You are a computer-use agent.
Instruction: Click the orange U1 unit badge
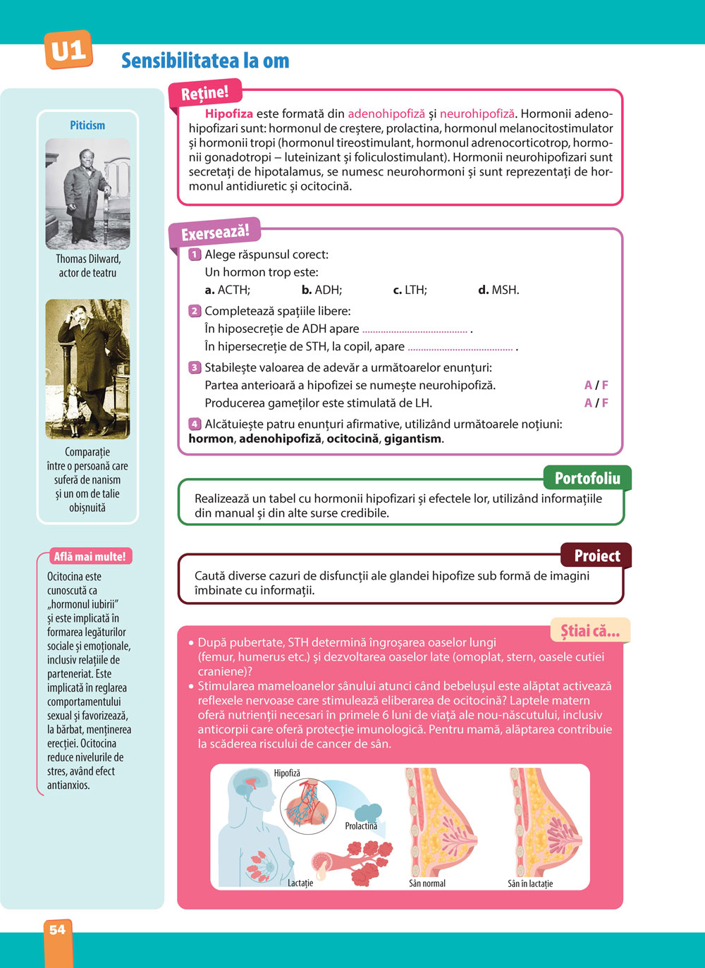68,50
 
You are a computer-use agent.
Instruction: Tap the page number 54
57,930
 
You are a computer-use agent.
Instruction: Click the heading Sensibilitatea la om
205,61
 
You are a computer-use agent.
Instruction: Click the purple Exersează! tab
214,233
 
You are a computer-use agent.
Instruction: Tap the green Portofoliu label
587,479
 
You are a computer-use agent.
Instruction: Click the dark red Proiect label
596,556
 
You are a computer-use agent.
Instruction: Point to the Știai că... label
589,631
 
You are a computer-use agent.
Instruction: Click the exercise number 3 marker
195,367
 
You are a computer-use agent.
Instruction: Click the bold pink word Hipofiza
228,114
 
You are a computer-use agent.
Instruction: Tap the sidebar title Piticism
87,125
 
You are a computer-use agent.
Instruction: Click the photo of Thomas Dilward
87,194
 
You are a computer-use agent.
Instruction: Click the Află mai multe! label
90,556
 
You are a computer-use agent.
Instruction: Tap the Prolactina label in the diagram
361,826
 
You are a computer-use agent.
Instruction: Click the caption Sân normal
427,883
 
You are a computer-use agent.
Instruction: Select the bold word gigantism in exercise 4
413,439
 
